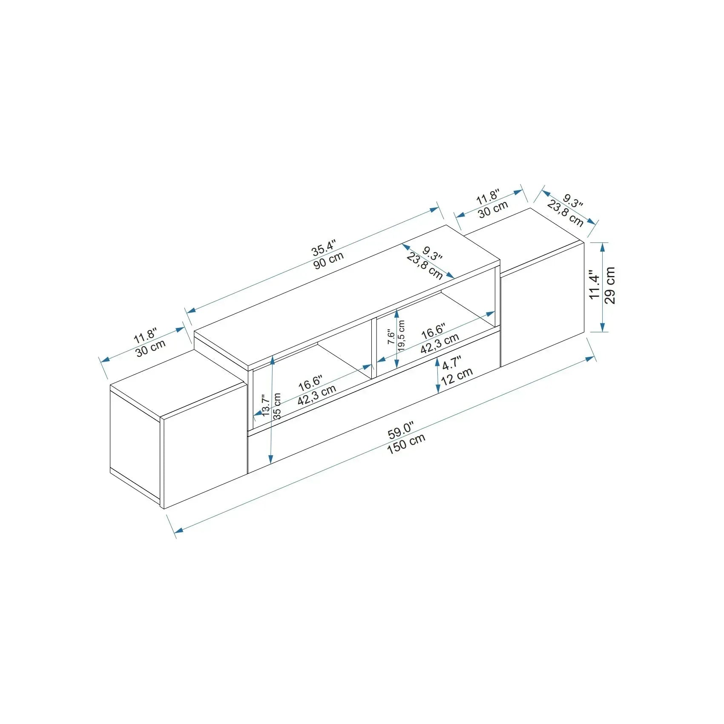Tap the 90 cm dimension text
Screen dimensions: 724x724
(x=328, y=260)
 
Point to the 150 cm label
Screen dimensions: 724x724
(x=406, y=444)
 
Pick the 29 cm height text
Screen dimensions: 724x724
(x=610, y=285)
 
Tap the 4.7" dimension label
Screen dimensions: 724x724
(x=451, y=363)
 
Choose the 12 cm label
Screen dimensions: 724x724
(x=457, y=376)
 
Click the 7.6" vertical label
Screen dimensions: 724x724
(x=391, y=336)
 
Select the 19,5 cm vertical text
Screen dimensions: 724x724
(x=402, y=336)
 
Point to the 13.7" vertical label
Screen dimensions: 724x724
(x=266, y=405)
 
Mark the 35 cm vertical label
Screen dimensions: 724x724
(x=277, y=406)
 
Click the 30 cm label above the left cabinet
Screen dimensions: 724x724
(x=150, y=348)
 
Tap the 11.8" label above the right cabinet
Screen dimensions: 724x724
(x=487, y=197)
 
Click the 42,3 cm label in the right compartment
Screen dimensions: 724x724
(x=440, y=343)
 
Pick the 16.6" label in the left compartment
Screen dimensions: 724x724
(x=310, y=383)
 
